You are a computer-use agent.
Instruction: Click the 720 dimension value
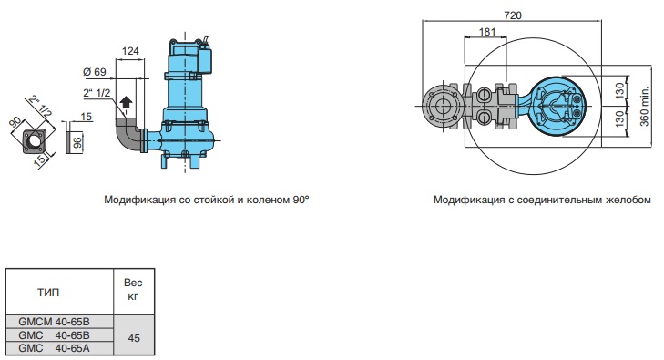513,15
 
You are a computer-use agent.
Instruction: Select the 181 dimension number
487,32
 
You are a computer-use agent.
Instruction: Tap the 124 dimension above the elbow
130,51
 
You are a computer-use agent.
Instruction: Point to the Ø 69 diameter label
95,72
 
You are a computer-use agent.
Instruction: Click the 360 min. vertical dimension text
644,107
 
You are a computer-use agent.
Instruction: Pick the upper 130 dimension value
619,91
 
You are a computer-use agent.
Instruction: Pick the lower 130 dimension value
619,119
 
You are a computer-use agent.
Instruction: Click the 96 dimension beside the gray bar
77,143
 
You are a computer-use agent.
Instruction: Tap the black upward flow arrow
126,102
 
